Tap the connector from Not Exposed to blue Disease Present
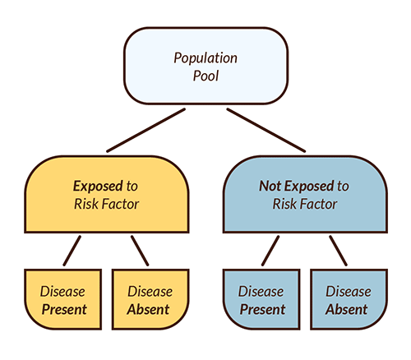270,250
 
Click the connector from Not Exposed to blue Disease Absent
337,250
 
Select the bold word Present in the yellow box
63,310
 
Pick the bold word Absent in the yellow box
149,310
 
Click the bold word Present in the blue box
261,310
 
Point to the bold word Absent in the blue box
347,310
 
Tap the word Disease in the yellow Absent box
149,291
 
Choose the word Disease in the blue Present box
261,291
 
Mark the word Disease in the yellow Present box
63,291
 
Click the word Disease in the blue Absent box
347,291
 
